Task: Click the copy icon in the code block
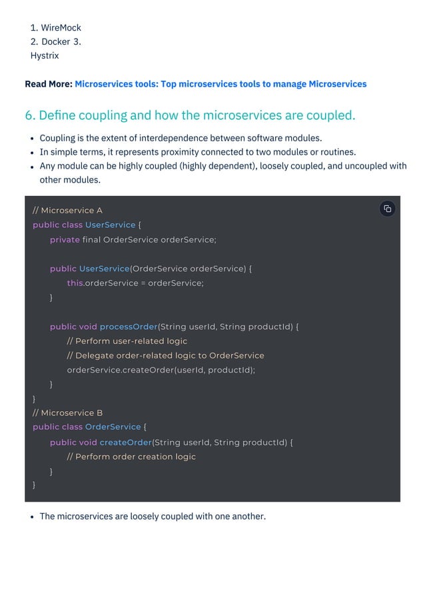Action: pos(388,209)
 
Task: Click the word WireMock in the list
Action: pos(61,28)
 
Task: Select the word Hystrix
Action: pos(45,55)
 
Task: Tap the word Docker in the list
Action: pos(55,42)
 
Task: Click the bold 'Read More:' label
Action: pos(48,84)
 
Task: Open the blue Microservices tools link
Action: pos(220,84)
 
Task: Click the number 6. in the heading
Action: pos(30,115)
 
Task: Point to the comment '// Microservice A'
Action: pos(67,211)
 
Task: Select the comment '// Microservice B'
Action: pos(67,413)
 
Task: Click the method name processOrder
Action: pos(129,326)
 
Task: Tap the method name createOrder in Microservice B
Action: pos(125,442)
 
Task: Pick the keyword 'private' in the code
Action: pos(65,240)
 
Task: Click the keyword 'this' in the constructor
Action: pos(75,283)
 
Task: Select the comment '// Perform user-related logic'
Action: pos(127,341)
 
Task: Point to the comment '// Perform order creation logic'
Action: pos(131,457)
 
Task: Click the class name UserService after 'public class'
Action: pos(110,225)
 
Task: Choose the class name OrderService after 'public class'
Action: pos(113,427)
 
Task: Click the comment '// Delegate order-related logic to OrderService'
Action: pos(165,356)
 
